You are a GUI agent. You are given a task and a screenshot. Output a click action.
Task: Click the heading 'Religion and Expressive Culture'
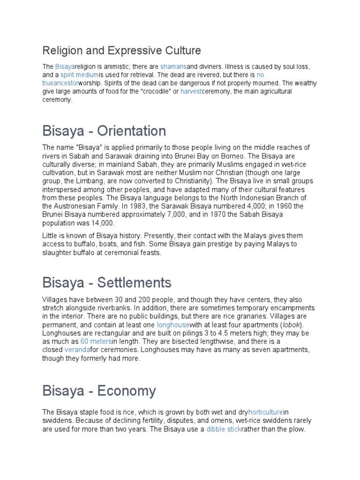point(121,50)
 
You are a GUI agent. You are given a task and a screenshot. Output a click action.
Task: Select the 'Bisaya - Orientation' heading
point(104,130)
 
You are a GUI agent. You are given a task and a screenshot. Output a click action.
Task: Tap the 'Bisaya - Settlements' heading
point(106,283)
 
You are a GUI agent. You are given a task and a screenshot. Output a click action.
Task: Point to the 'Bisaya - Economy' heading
point(99,390)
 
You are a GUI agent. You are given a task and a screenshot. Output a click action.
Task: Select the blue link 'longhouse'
point(173,325)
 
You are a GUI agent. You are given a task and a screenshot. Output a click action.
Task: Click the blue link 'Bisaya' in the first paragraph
point(65,67)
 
